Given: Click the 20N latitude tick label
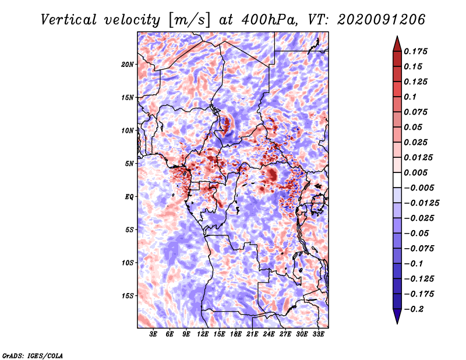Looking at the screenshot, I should pos(128,64).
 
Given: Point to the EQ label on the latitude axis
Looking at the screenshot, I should pos(129,196).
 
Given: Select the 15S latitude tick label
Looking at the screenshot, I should pos(128,295).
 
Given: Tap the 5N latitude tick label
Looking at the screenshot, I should pos(129,163).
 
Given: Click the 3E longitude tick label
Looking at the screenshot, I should pos(153,334).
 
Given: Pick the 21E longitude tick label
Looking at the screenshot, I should pos(252,334).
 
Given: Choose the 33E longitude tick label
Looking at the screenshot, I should pos(318,334).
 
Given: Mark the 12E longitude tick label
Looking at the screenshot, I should pos(203,334).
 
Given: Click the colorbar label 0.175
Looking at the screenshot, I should pos(417,51).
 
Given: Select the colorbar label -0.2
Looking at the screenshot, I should pos(415,309).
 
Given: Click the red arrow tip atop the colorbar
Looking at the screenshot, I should pos(397,40).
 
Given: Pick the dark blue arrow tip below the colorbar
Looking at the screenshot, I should pos(397,319).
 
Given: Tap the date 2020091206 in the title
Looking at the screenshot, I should pos(374,20).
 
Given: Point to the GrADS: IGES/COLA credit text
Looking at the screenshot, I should pos(32,355).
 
